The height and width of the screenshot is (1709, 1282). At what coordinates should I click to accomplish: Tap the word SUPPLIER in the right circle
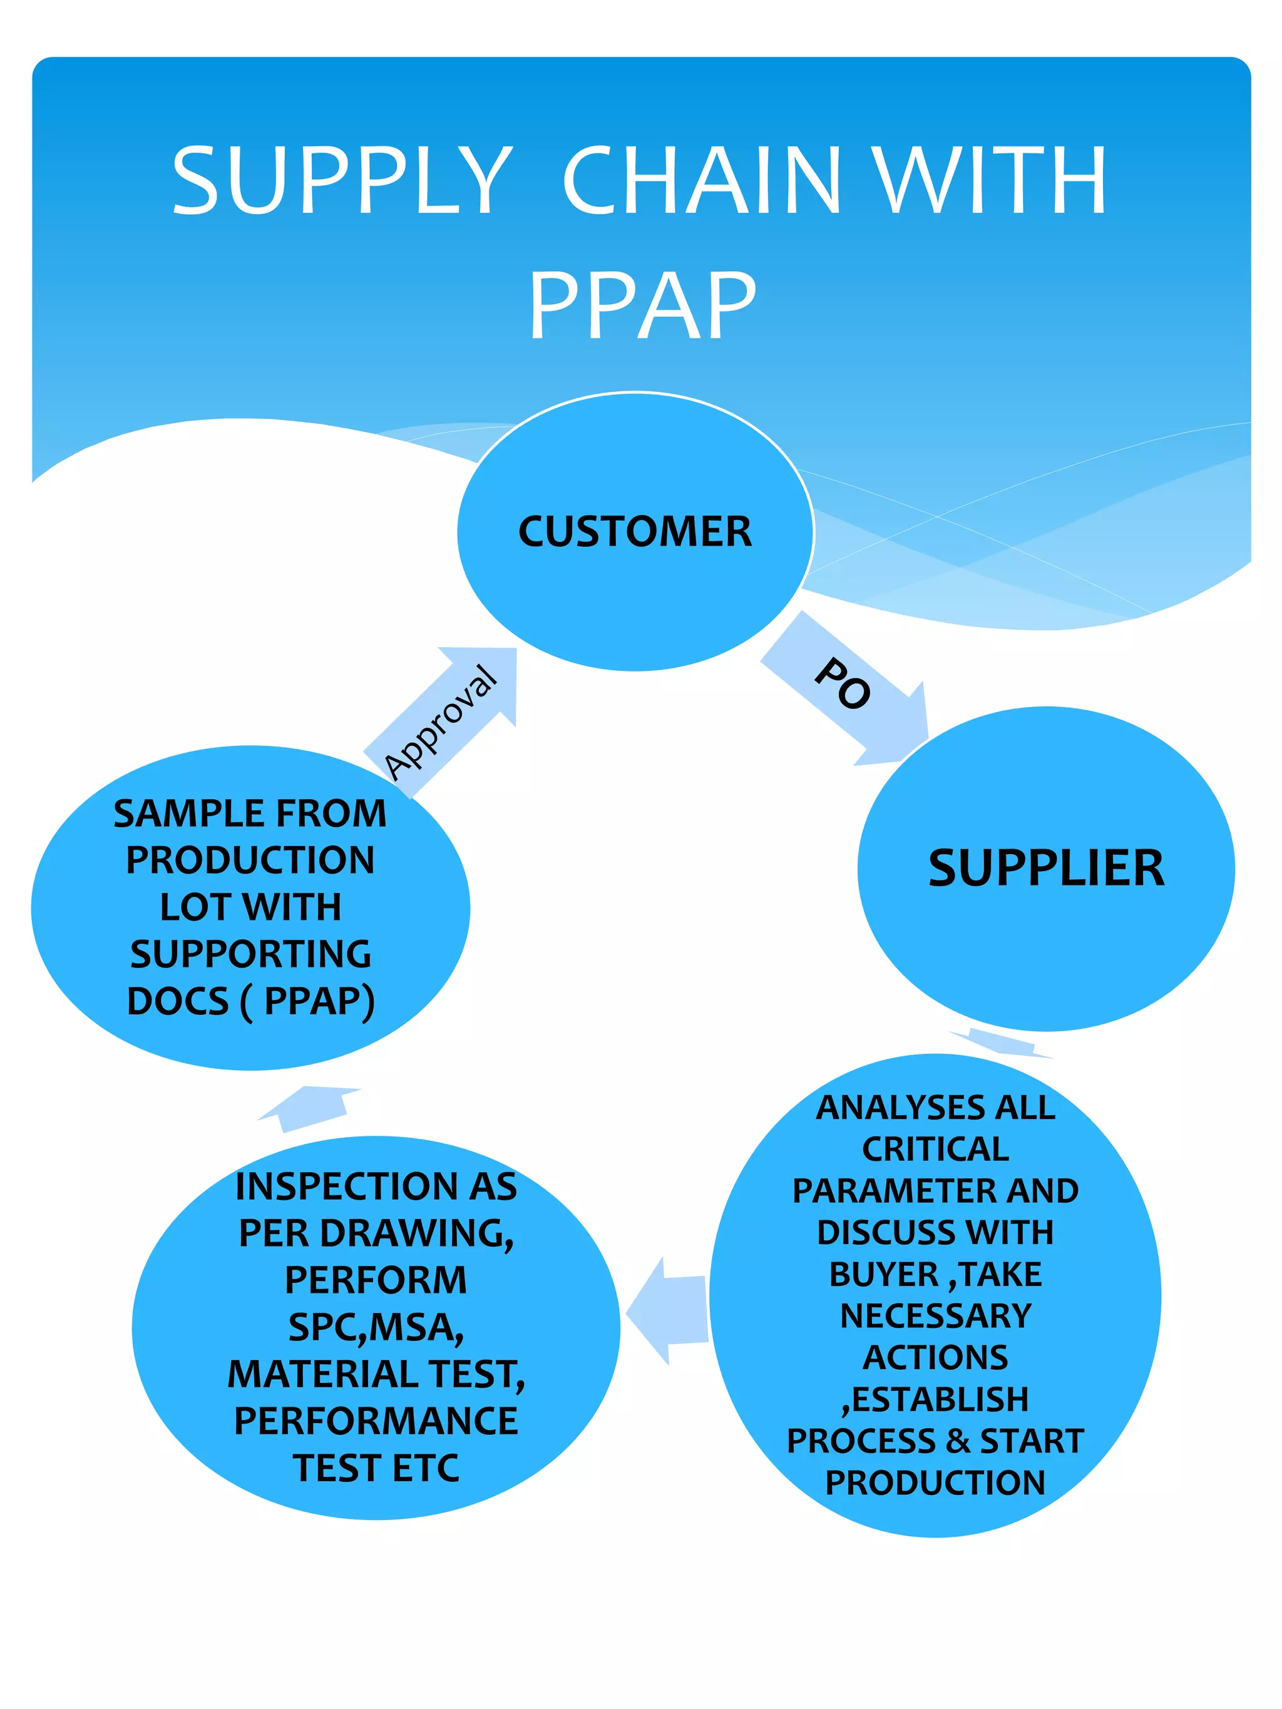tap(1045, 867)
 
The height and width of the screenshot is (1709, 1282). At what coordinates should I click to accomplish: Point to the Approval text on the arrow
tap(441, 722)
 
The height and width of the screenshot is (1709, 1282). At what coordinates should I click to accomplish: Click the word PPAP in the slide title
tap(642, 305)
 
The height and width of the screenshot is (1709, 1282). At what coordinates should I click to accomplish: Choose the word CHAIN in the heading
tap(702, 181)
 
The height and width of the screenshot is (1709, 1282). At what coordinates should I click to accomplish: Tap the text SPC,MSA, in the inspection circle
tap(376, 1327)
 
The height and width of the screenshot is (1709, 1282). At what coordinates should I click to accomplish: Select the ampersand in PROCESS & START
tap(958, 1441)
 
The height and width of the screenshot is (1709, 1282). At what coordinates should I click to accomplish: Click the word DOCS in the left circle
tap(178, 1001)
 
